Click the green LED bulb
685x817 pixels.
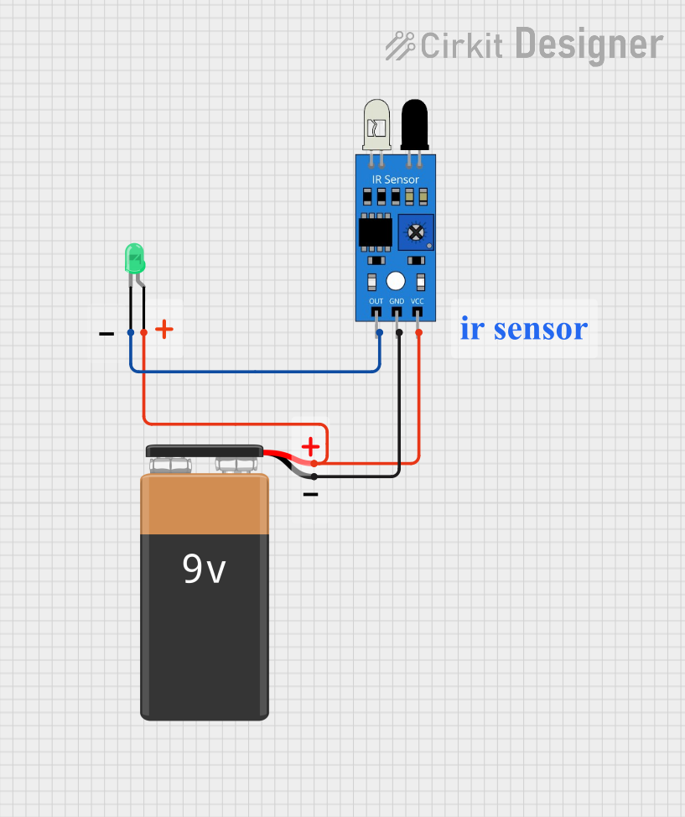click(x=134, y=258)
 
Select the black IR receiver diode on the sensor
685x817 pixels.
click(x=413, y=122)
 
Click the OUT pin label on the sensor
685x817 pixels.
click(x=376, y=301)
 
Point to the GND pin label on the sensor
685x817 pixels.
click(x=397, y=301)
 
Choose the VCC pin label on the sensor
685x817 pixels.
click(x=418, y=301)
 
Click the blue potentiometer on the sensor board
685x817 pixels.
click(x=415, y=232)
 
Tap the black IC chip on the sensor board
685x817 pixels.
click(x=375, y=232)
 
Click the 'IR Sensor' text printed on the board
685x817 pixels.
click(x=395, y=180)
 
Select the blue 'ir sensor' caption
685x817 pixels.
click(x=523, y=328)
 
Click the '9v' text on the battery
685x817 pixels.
click(x=205, y=570)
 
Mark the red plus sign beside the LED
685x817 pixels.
click(x=164, y=329)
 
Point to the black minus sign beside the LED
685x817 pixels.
click(x=106, y=334)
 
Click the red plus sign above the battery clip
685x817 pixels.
click(x=310, y=446)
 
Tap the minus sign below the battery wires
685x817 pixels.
click(x=310, y=495)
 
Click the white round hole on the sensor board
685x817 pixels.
click(x=396, y=281)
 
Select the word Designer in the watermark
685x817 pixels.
click(x=588, y=44)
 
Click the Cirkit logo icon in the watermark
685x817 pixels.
click(x=400, y=45)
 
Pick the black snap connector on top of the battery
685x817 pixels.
click(x=205, y=451)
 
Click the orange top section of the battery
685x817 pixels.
click(x=205, y=503)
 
